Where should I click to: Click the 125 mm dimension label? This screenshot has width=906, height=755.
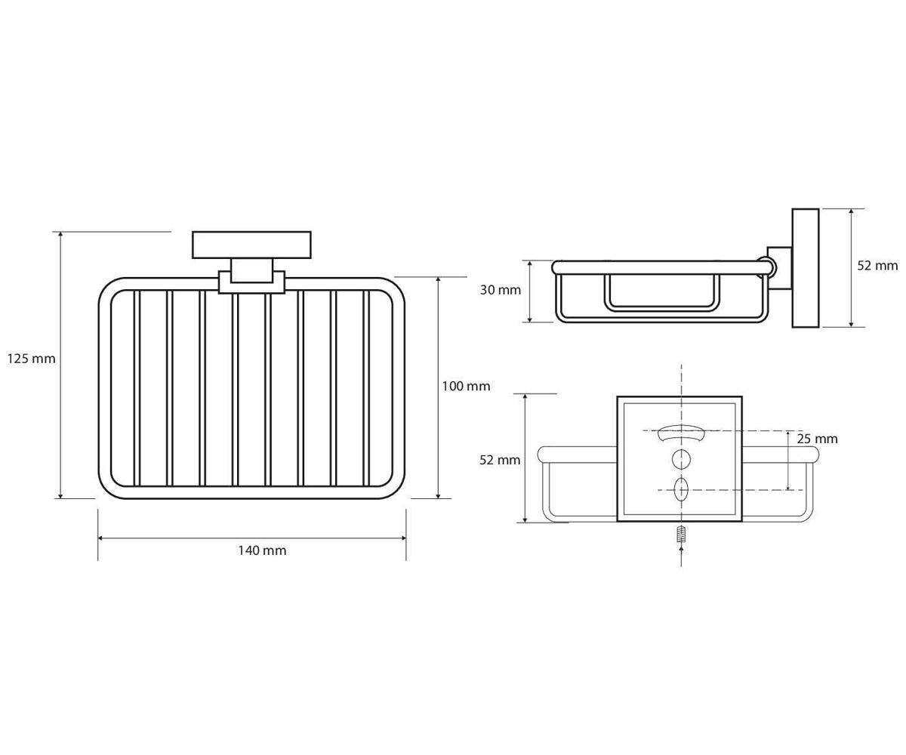coord(31,359)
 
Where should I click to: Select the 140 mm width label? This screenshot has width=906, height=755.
coord(262,550)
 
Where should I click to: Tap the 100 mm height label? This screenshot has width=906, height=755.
coord(466,386)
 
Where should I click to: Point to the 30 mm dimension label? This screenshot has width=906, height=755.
coord(501,290)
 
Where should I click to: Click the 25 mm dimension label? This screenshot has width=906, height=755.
coord(817,439)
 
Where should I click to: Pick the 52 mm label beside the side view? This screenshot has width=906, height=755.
coord(877,266)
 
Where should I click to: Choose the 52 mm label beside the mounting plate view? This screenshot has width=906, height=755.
coord(499,460)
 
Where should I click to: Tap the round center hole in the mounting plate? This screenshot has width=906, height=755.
coord(681,459)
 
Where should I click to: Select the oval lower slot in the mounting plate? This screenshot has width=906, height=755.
coord(681,489)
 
